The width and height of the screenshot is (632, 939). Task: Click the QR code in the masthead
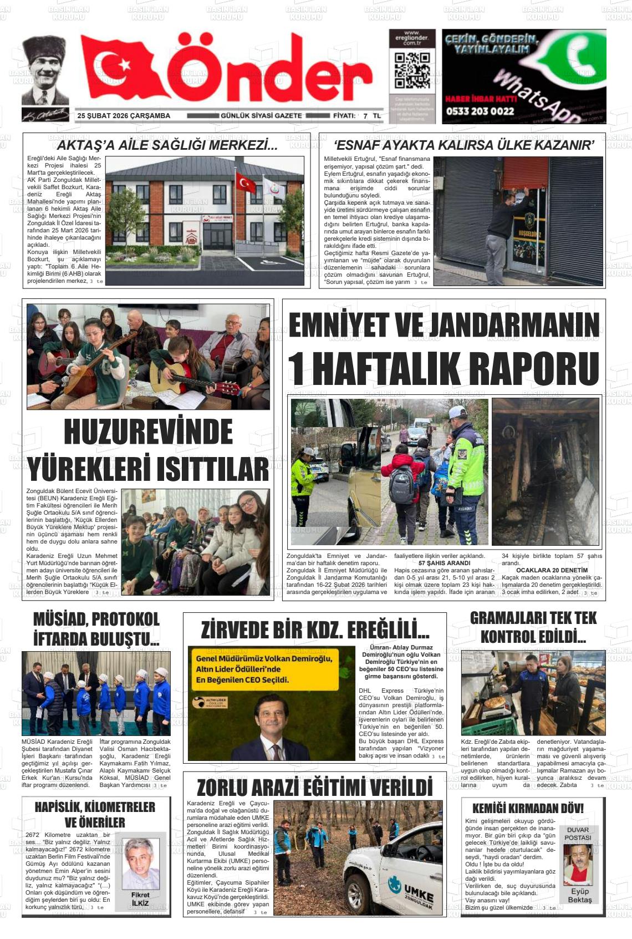[412, 71]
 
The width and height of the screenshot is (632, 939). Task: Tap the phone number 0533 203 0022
[480, 111]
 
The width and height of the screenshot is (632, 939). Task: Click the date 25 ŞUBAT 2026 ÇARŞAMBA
[124, 116]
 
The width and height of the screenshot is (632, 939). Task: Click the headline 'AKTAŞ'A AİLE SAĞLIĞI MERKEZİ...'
[167, 146]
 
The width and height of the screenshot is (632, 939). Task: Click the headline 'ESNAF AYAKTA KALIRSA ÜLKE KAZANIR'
[464, 145]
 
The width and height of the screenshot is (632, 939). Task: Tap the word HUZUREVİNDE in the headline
[149, 432]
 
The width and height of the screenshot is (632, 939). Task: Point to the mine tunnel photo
[546, 471]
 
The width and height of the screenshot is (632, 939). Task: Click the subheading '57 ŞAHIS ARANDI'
[444, 563]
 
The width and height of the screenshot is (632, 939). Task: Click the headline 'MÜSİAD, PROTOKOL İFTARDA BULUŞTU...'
[96, 629]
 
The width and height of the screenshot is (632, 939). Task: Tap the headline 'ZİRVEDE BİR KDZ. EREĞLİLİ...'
[314, 630]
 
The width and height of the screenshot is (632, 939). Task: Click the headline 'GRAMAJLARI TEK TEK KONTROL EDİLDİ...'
[533, 627]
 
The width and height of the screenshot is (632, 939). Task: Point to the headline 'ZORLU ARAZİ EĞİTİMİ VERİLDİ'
[314, 788]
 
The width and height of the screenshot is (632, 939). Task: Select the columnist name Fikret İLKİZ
[140, 899]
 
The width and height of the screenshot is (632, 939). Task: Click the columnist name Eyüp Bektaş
[579, 896]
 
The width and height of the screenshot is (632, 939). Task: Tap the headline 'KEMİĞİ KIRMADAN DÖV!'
[528, 809]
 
